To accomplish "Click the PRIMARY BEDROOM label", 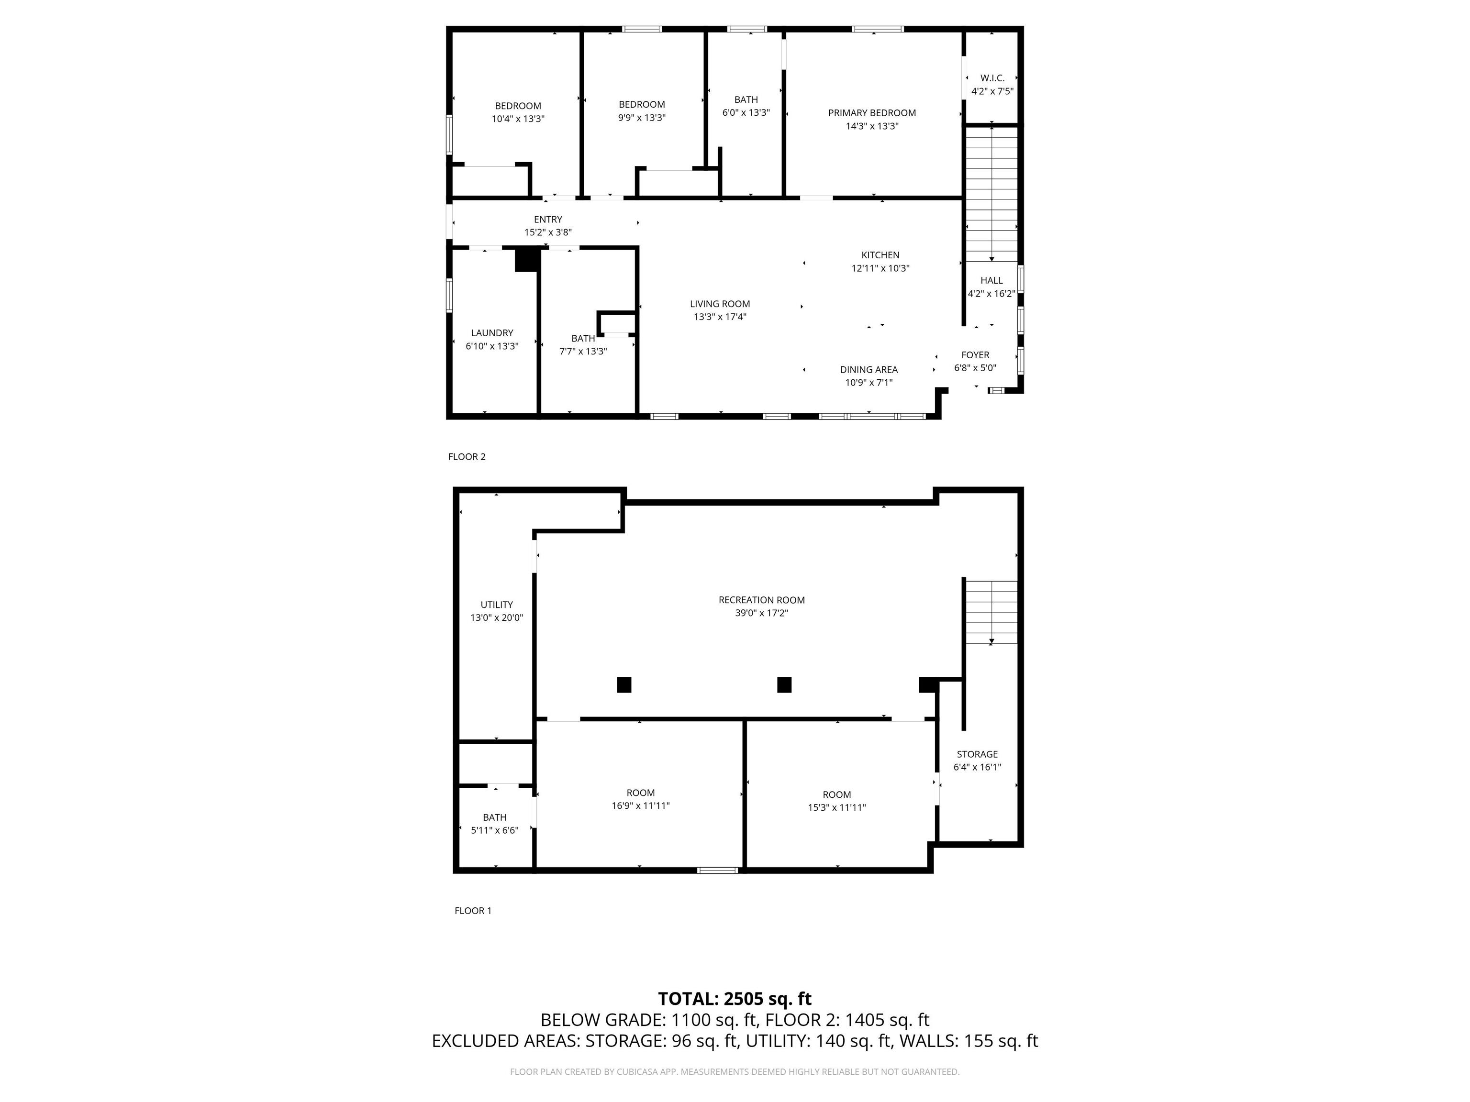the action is pos(872,113).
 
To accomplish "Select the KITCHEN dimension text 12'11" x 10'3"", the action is pos(880,268).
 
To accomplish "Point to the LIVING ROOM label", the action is pos(720,304).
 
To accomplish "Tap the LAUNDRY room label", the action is pos(492,333).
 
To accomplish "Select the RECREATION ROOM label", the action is pos(762,600).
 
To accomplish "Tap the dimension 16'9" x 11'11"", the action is pos(641,806).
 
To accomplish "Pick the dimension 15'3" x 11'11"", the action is pos(836,808).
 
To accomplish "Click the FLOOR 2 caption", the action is pos(467,457).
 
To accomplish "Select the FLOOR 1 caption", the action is pos(473,911).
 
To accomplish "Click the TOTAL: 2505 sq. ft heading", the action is pos(735,999).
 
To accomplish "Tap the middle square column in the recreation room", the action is pos(784,685).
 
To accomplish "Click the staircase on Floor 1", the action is pos(991,612).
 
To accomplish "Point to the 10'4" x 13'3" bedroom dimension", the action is pos(518,119).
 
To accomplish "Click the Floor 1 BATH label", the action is pos(494,818).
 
